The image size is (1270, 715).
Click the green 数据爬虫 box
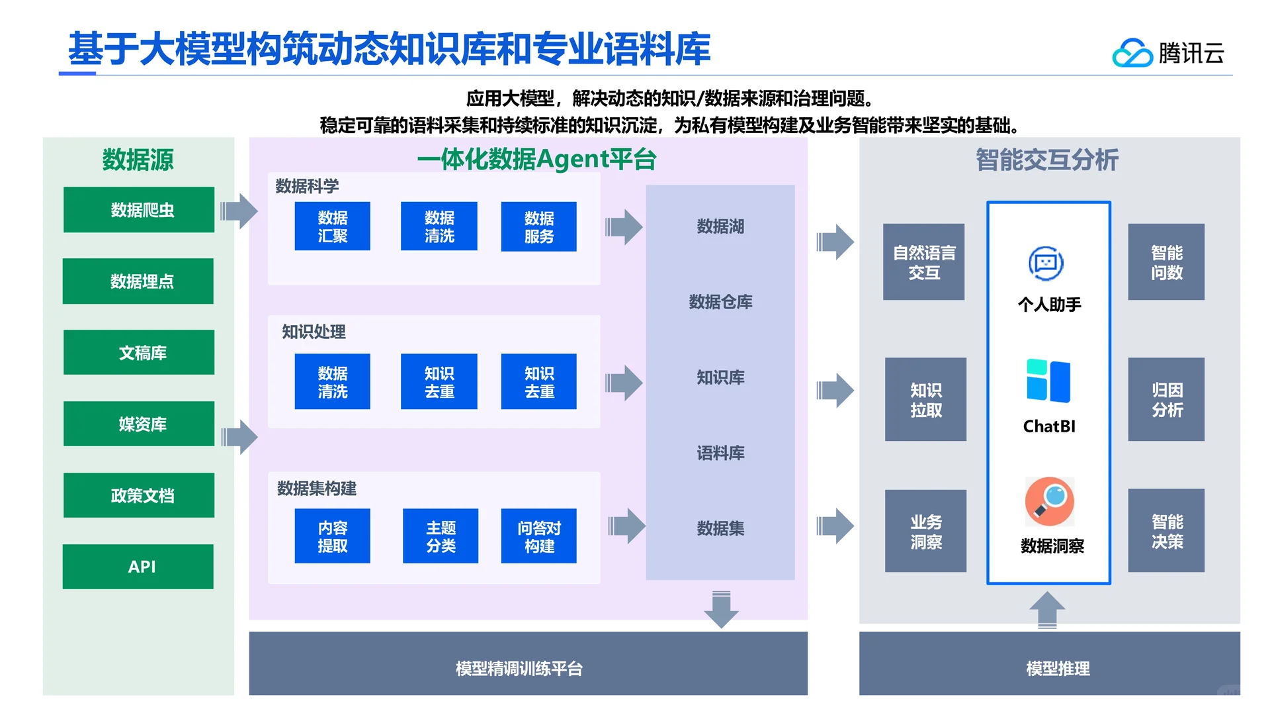pyautogui.click(x=139, y=210)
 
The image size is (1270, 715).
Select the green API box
pyautogui.click(x=138, y=567)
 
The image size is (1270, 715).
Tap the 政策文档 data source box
pyautogui.click(x=139, y=495)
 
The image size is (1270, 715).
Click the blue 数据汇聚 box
pyautogui.click(x=332, y=226)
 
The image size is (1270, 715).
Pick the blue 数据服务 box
pyautogui.click(x=538, y=226)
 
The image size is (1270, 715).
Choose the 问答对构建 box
pyautogui.click(x=538, y=536)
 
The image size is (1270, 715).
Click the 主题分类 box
pyautogui.click(x=441, y=536)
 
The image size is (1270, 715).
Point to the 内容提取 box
pyautogui.click(x=332, y=536)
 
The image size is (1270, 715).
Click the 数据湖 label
pyautogui.click(x=720, y=226)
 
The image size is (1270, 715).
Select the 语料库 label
pyautogui.click(x=720, y=453)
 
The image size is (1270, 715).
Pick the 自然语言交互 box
pyautogui.click(x=923, y=262)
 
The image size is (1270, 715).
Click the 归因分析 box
pyautogui.click(x=1166, y=400)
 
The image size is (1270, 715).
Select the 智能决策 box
pyautogui.click(x=1166, y=531)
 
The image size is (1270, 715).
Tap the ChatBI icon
pyautogui.click(x=1048, y=381)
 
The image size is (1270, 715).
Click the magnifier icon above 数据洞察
pyautogui.click(x=1050, y=502)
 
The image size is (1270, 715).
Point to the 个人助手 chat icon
pyautogui.click(x=1046, y=263)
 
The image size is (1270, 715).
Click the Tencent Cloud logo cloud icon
pyautogui.click(x=1132, y=53)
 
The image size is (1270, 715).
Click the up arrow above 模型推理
pyautogui.click(x=1047, y=609)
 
